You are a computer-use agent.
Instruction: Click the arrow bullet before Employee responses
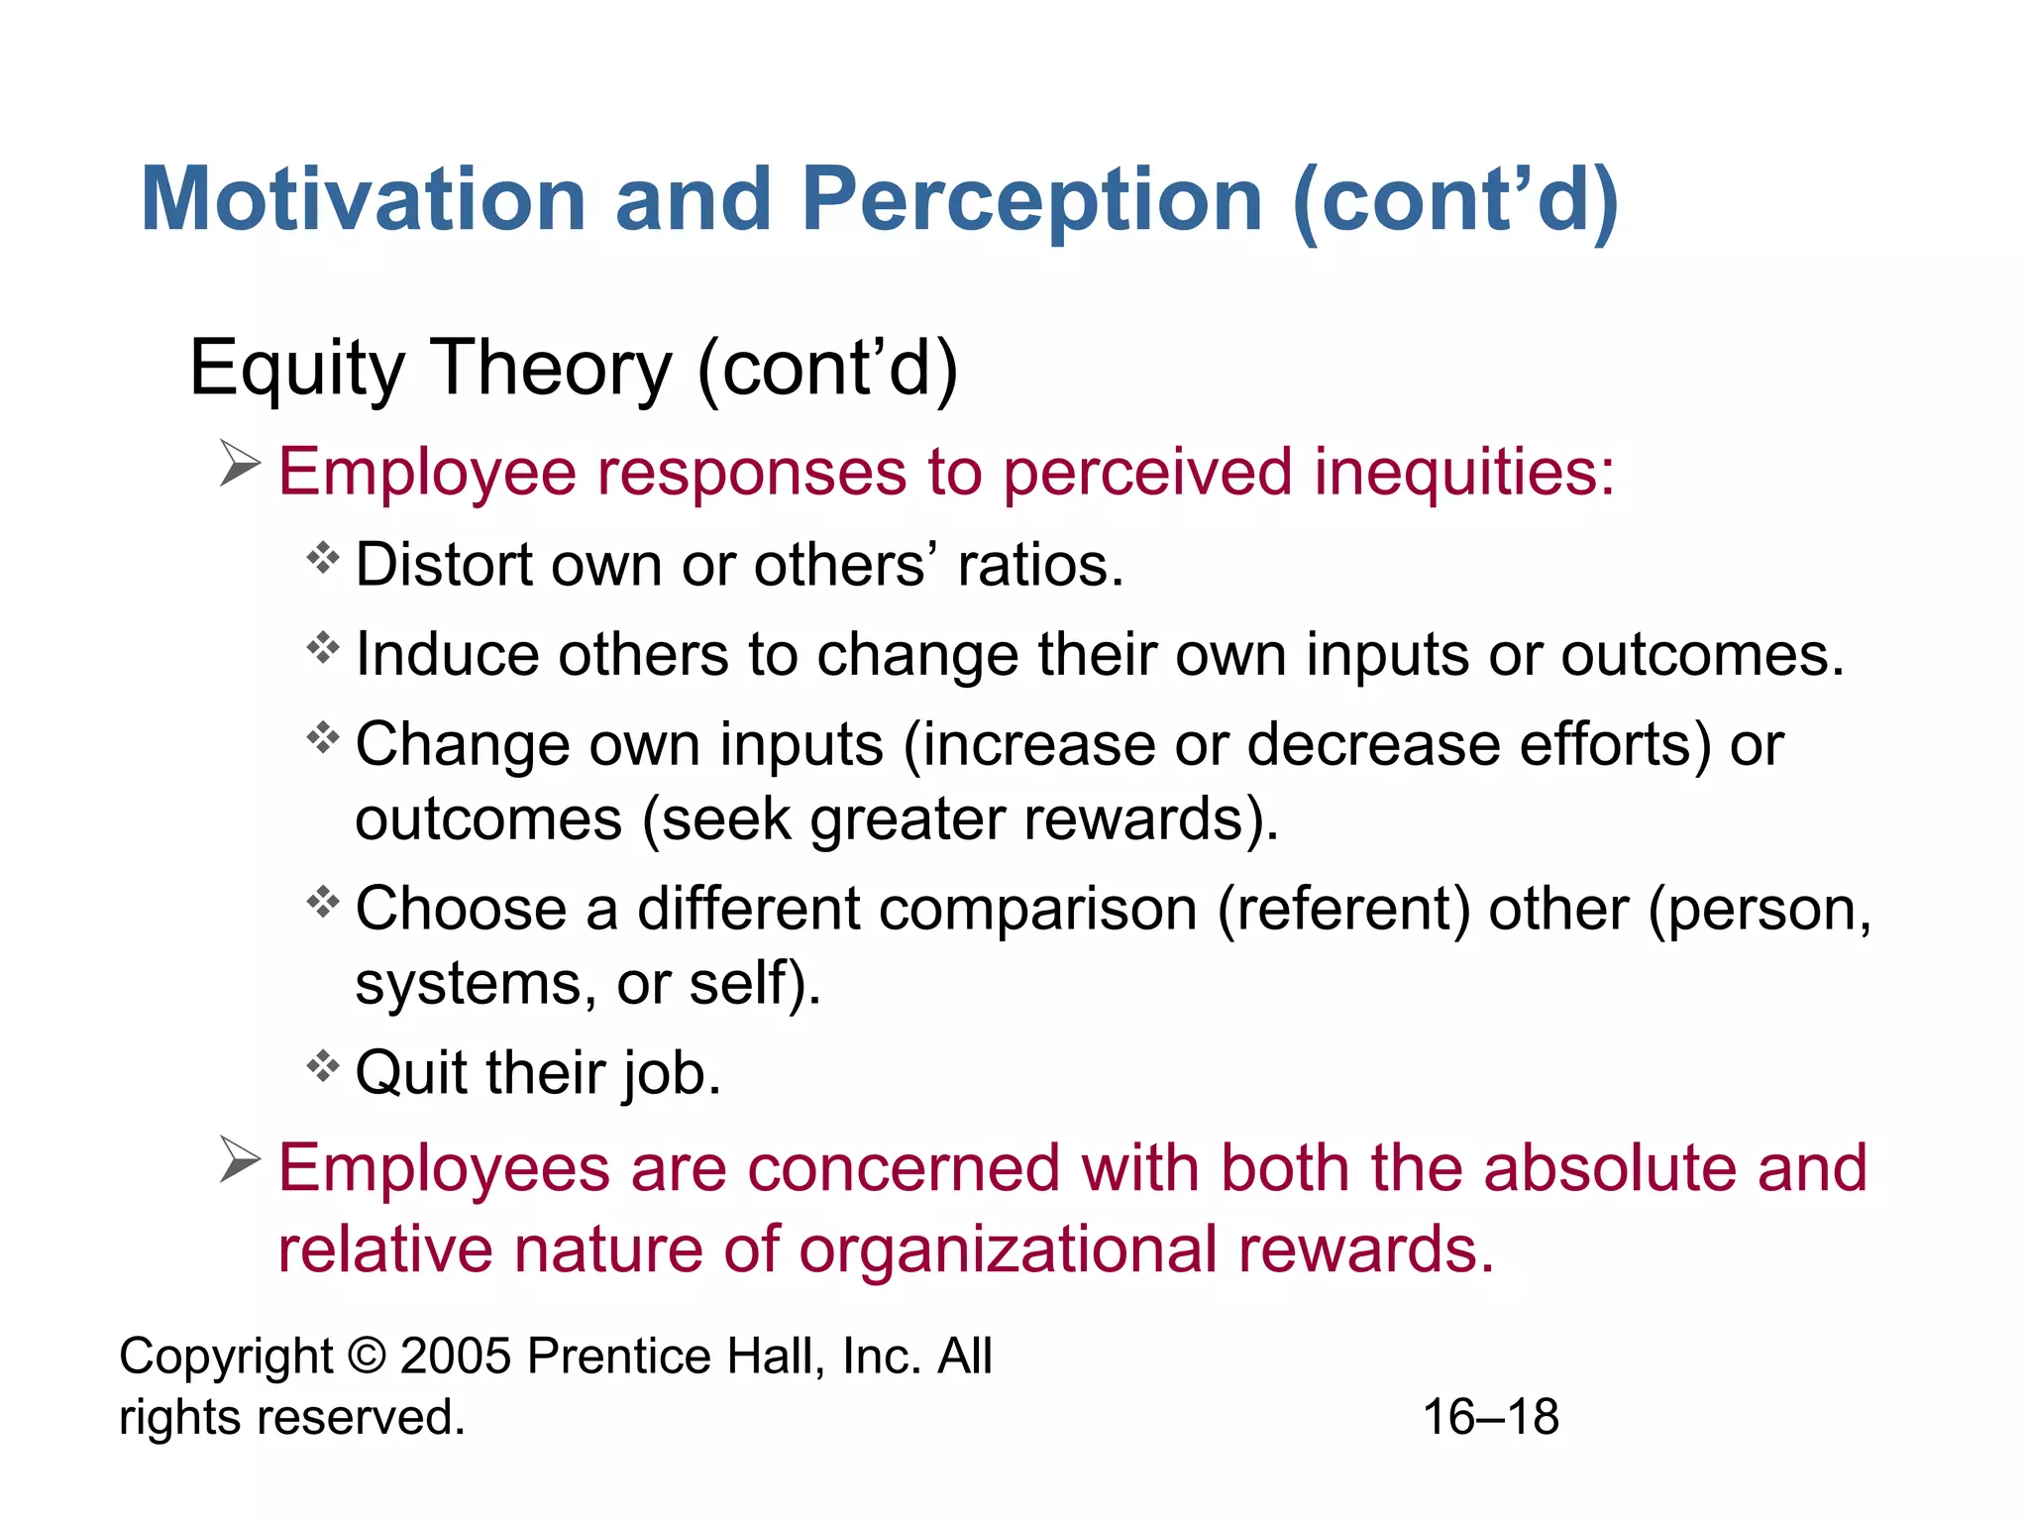(240, 464)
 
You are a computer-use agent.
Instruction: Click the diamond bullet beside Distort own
(323, 560)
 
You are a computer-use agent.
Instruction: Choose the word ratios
(1040, 565)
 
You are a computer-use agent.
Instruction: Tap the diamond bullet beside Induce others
(323, 649)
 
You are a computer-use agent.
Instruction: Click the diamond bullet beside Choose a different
(323, 903)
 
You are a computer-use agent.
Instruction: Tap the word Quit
(411, 1073)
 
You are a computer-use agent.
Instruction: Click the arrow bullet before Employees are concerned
(240, 1159)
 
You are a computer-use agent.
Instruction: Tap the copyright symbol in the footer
(367, 1356)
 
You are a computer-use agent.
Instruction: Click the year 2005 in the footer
(456, 1356)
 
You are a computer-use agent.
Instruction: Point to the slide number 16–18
(1490, 1417)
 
